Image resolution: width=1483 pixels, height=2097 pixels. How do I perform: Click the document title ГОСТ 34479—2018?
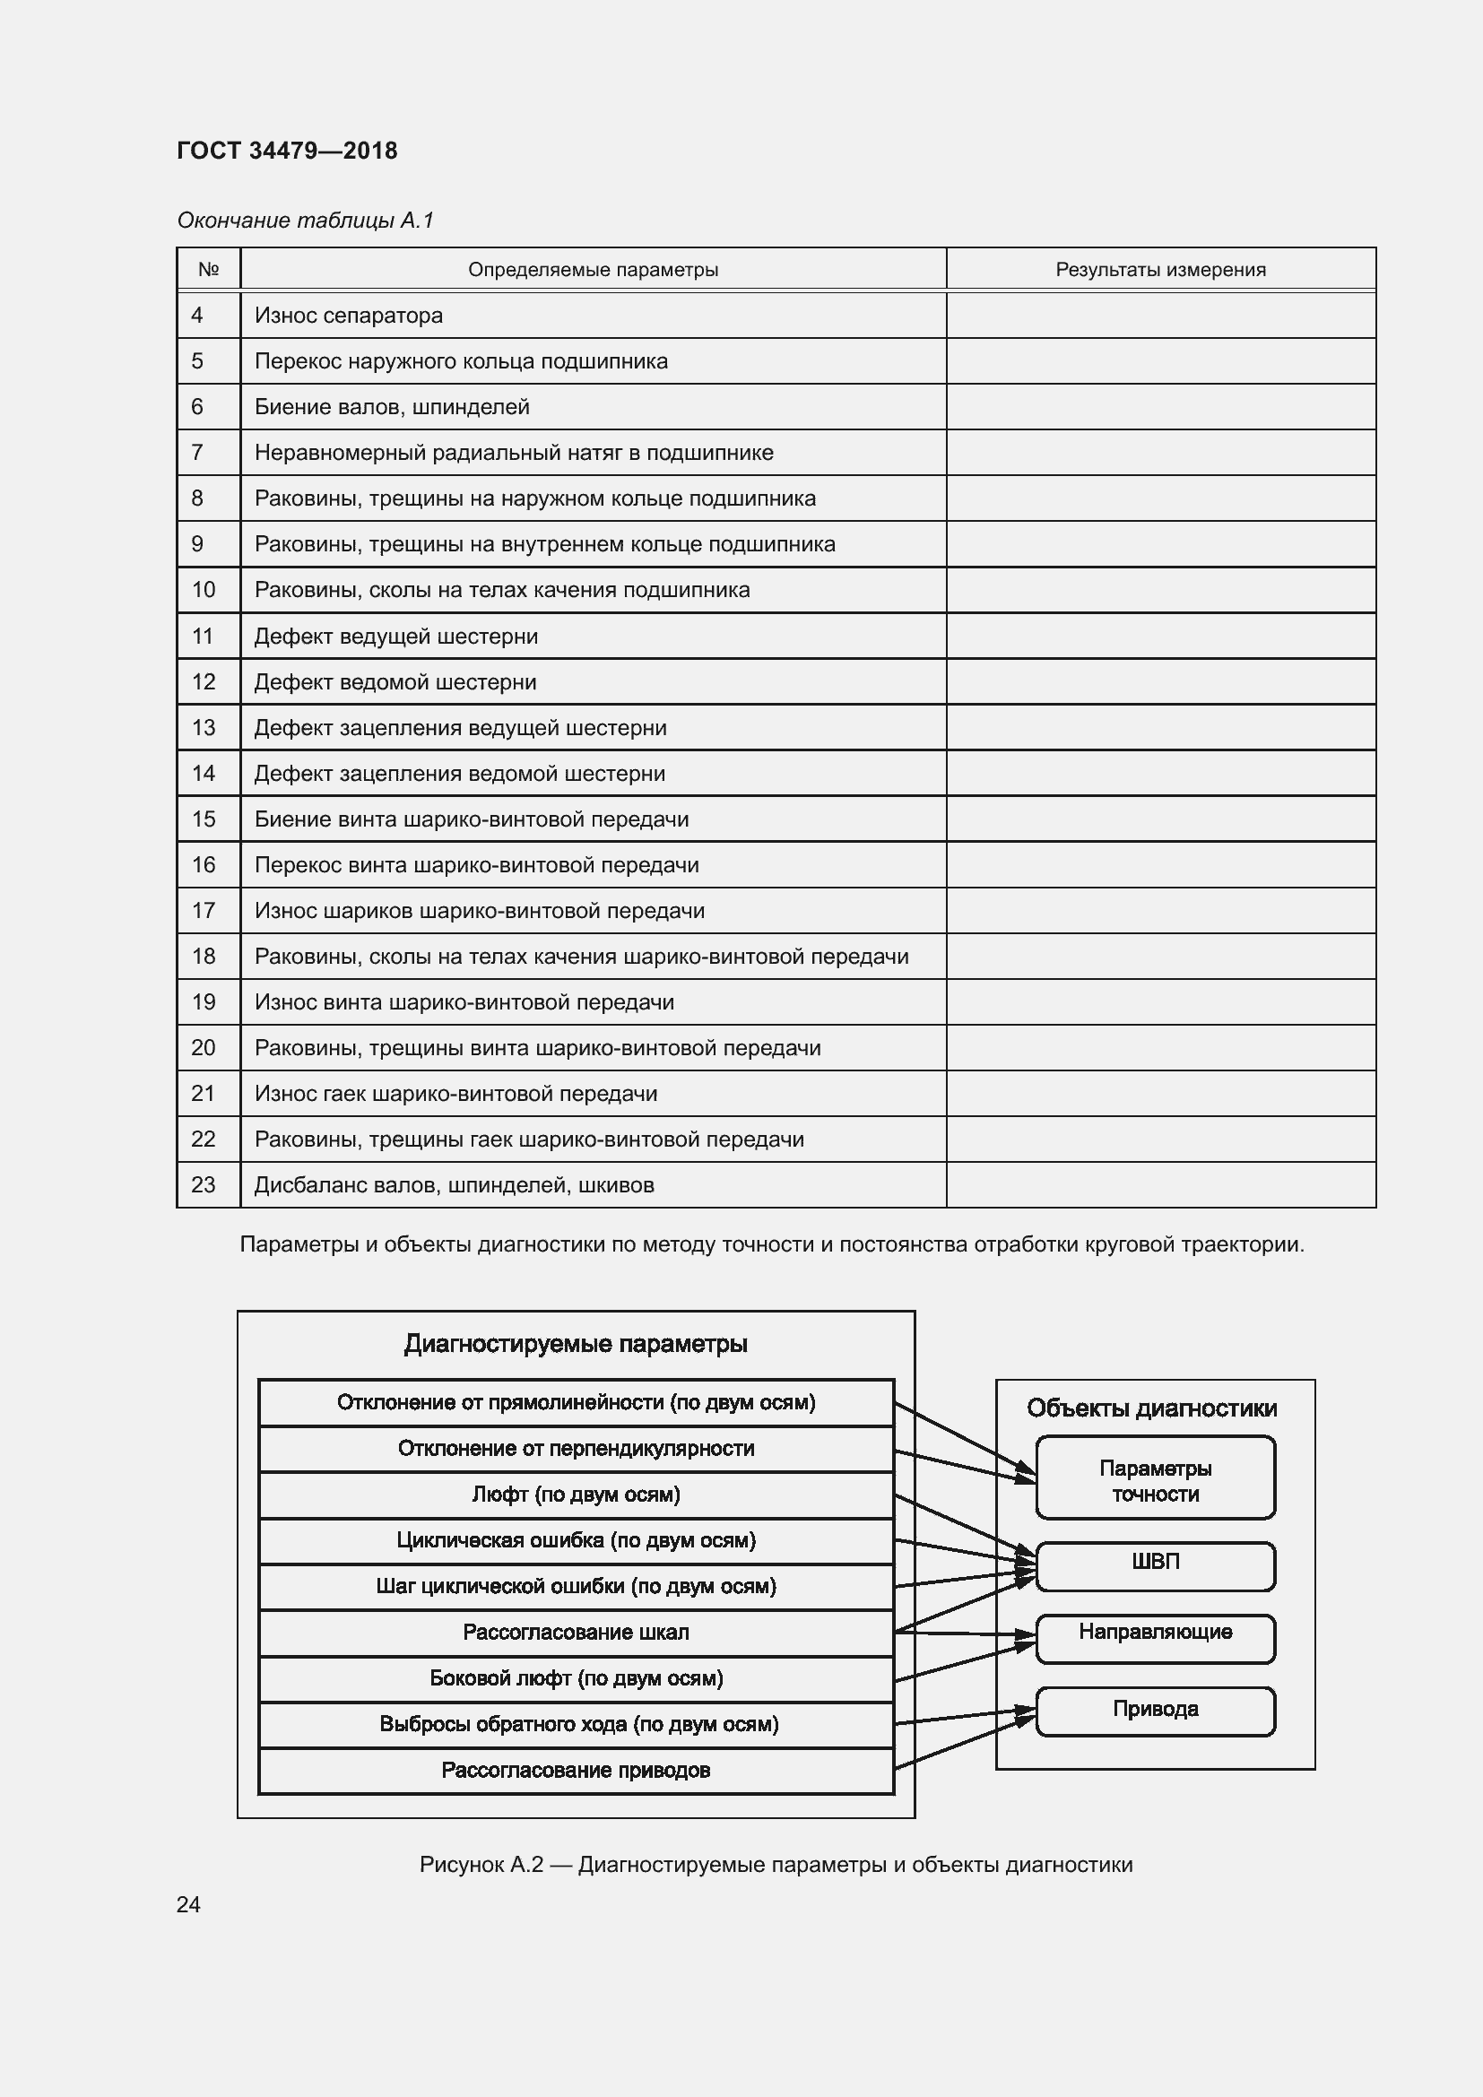287,151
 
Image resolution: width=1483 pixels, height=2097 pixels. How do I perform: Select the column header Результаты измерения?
1159,270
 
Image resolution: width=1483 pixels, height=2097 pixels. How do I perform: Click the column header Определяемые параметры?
593,270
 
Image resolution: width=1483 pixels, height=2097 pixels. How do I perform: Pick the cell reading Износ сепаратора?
349,315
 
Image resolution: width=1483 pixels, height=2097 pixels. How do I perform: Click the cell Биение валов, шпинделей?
392,406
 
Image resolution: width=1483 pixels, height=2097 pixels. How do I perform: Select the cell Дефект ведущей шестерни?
395,636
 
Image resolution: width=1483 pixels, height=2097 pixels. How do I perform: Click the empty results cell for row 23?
1159,1184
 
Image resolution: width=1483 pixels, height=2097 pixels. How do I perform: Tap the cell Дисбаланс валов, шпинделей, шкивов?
454,1184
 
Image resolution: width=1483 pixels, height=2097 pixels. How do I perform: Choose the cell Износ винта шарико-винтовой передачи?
464,1002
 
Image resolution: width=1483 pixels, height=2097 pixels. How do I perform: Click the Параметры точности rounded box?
1155,1480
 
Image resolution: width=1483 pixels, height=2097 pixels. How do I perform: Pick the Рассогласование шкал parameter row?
576,1632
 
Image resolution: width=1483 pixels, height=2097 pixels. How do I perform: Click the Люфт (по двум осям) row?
576,1495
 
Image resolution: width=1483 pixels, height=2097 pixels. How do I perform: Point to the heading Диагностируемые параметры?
576,1344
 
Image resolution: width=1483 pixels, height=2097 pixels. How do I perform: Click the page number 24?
188,1904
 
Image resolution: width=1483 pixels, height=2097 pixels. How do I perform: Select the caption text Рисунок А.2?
481,1864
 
